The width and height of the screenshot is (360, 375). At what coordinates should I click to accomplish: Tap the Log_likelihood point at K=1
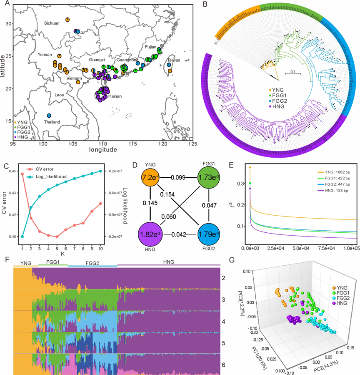click(x=22, y=237)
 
